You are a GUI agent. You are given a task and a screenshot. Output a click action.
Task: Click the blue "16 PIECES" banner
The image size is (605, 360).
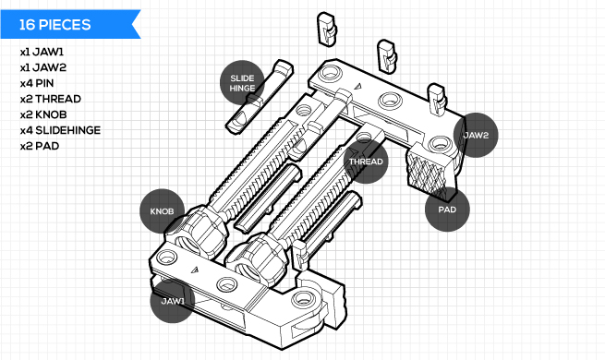click(69, 24)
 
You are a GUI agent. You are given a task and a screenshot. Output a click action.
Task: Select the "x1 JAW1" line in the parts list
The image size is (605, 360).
click(42, 52)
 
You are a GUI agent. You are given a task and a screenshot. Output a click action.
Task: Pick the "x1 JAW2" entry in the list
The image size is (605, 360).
click(43, 67)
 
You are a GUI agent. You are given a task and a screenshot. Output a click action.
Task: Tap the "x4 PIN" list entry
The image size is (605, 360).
click(37, 83)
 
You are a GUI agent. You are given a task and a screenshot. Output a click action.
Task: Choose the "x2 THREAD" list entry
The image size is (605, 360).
click(51, 99)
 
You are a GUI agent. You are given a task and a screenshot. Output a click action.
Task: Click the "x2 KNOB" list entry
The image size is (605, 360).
click(43, 114)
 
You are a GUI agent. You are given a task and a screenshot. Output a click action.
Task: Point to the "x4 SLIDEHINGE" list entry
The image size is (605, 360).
click(60, 130)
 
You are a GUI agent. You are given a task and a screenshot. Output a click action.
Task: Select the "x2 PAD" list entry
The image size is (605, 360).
click(40, 146)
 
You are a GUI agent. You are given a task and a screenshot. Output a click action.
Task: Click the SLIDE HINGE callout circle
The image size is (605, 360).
click(242, 83)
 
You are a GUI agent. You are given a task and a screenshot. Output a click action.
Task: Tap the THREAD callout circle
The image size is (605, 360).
click(366, 162)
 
